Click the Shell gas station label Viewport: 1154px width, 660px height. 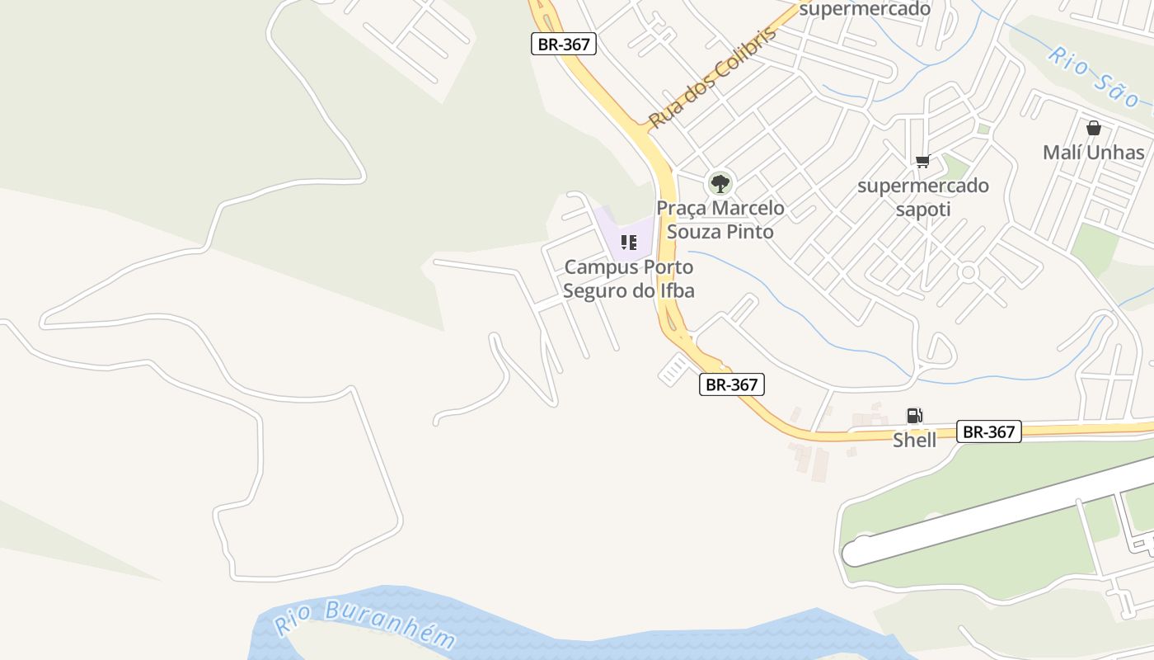[914, 440]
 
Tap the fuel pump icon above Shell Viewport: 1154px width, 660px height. [914, 416]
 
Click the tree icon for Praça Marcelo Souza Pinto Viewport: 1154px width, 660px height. [720, 183]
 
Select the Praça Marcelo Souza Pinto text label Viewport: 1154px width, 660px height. [720, 219]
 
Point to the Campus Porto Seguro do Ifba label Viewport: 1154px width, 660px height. [629, 279]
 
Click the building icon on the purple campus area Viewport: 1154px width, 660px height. [629, 243]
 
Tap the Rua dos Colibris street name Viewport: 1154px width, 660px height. [713, 81]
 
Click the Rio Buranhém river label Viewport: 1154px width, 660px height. [364, 624]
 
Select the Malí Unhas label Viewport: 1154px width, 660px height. [1093, 153]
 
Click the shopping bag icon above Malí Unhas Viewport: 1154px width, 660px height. [1093, 128]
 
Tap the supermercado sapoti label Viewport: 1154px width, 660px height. [922, 197]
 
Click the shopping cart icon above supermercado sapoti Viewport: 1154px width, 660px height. [922, 162]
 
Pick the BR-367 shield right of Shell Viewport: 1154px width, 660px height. [988, 431]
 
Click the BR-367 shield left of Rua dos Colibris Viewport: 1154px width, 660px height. [563, 45]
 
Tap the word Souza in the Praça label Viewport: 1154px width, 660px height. [694, 232]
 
